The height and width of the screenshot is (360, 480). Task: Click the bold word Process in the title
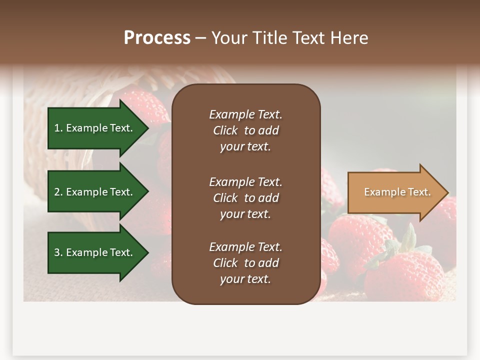tap(157, 38)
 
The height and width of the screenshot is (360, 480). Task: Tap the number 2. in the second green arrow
tap(58, 192)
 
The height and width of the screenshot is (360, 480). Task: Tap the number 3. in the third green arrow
tap(58, 252)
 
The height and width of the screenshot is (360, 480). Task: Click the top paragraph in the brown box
tap(245, 130)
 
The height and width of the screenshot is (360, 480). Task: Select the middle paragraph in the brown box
tap(245, 198)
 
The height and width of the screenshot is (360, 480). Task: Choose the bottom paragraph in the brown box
tap(245, 263)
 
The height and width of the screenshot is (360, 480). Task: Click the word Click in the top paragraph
tap(225, 130)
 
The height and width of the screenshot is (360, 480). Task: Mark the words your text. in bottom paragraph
tap(245, 279)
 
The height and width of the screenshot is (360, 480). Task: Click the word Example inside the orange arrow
tap(379, 192)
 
